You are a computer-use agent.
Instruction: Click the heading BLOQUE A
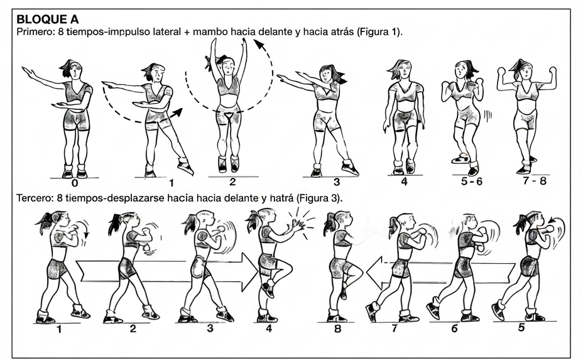(48, 19)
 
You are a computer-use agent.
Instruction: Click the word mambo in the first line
(210, 31)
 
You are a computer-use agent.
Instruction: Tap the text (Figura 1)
(379, 32)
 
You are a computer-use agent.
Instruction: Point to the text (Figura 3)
(319, 199)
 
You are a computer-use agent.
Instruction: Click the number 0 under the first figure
(75, 183)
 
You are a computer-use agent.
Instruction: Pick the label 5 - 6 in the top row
(471, 182)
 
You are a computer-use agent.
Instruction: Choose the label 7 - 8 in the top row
(535, 181)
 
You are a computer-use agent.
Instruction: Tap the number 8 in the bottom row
(337, 329)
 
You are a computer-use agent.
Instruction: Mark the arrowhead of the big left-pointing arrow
(374, 274)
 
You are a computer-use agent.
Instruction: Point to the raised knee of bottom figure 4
(287, 266)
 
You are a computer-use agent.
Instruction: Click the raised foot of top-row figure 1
(185, 166)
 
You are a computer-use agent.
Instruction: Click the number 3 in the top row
(337, 182)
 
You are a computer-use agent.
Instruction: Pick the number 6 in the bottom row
(454, 329)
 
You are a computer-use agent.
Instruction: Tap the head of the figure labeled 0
(73, 69)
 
